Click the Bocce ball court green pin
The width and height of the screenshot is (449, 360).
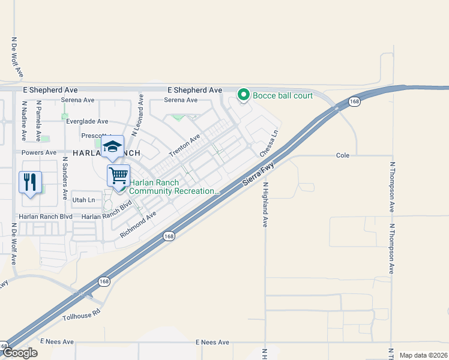click(244, 95)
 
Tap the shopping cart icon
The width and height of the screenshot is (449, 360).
click(118, 175)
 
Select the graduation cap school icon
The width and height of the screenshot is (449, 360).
click(112, 146)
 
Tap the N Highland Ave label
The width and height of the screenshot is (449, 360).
click(264, 205)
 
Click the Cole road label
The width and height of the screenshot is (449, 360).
click(342, 155)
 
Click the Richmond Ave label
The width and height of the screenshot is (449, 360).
click(138, 224)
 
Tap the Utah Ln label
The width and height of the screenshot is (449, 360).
click(83, 200)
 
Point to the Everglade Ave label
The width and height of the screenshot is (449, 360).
click(87, 121)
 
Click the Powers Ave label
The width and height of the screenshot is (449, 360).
click(38, 152)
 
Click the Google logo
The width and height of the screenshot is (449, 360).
click(19, 353)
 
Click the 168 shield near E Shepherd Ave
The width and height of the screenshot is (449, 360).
click(355, 102)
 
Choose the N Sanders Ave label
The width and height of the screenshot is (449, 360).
click(65, 179)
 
